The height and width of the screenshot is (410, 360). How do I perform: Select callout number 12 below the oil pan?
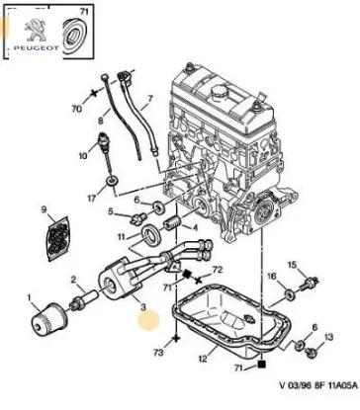click(204, 360)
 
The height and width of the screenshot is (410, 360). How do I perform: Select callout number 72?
click(219, 269)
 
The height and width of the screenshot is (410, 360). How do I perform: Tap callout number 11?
click(121, 238)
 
